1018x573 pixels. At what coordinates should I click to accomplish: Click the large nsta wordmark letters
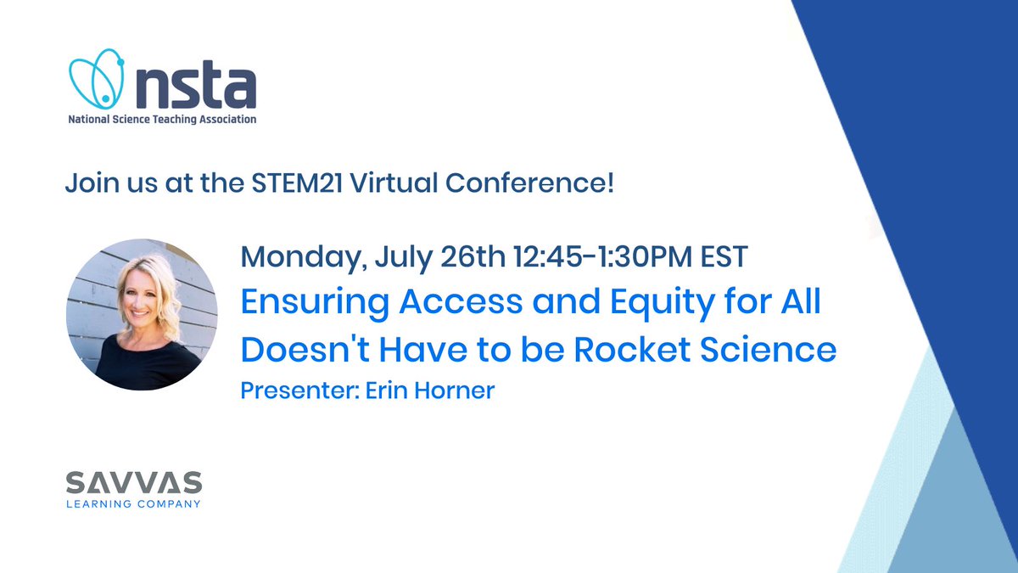[196, 87]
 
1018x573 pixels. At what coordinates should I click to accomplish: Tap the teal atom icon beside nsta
[97, 79]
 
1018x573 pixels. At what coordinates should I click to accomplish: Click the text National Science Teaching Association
[162, 120]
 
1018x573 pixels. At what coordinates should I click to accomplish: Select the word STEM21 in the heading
[297, 183]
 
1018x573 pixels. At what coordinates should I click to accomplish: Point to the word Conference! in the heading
[529, 183]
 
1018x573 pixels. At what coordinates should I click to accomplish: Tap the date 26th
[473, 256]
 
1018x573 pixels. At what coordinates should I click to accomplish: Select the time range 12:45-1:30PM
[603, 257]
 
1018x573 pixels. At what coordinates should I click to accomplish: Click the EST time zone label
[724, 257]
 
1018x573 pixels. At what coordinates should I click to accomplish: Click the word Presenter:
[300, 390]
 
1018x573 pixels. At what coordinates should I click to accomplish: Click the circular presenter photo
[142, 315]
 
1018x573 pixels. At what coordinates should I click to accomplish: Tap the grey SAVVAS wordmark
[134, 482]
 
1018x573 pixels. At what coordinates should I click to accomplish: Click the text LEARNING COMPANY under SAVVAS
[134, 504]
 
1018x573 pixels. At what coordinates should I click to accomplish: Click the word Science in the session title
[768, 350]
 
